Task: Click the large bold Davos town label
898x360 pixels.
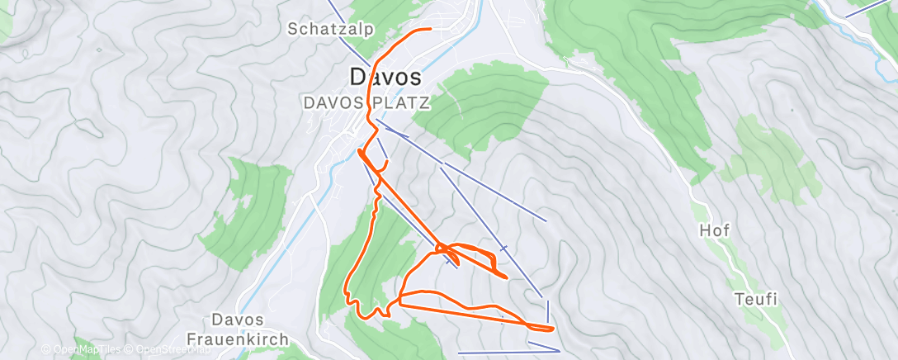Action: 385,77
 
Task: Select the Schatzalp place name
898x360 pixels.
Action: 330,29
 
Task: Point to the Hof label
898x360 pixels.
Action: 715,230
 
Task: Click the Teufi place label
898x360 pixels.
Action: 756,300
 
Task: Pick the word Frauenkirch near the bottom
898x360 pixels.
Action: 238,339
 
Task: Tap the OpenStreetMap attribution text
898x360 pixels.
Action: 170,349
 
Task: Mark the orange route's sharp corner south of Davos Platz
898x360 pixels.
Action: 360,151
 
